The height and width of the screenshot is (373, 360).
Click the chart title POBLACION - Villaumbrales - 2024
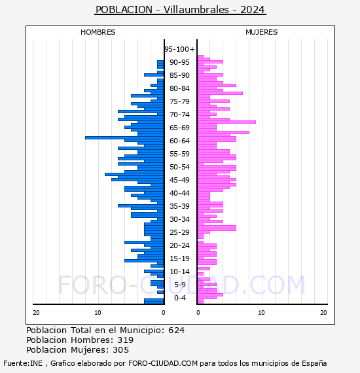(x=180, y=10)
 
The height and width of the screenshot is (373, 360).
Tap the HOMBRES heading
(x=98, y=32)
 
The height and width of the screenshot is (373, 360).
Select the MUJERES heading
(x=262, y=32)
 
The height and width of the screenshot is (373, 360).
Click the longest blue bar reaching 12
(x=124, y=137)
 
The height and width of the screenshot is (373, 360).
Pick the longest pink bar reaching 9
(x=226, y=122)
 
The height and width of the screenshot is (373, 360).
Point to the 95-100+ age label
(x=179, y=49)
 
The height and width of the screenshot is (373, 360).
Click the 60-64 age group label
(x=179, y=141)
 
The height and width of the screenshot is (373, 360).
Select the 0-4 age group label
(x=180, y=298)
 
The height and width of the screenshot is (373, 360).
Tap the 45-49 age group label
(x=179, y=180)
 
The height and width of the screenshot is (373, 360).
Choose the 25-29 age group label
(x=179, y=232)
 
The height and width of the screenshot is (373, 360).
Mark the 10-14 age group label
(x=179, y=272)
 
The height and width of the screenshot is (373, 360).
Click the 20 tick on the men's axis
(x=36, y=313)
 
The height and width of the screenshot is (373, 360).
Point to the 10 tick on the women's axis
(x=261, y=313)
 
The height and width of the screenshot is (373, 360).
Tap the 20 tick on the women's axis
(x=323, y=313)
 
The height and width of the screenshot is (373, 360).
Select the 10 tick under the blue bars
(x=98, y=313)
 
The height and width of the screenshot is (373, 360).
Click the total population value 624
(x=176, y=330)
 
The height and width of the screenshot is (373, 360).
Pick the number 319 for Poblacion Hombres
(x=126, y=340)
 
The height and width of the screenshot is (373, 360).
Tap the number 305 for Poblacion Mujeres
(x=121, y=350)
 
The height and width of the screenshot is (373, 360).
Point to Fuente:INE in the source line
(x=23, y=363)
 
